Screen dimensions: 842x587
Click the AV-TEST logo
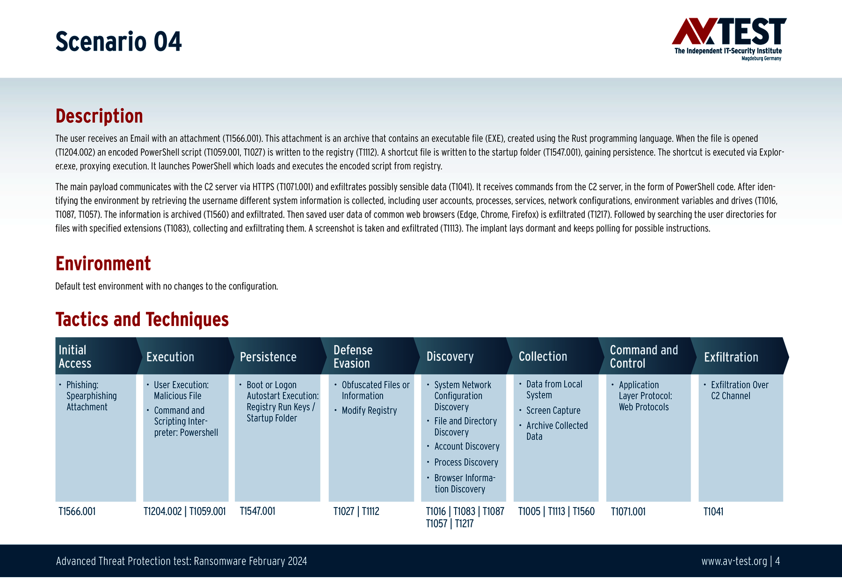pyautogui.click(x=729, y=39)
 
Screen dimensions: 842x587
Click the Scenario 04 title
pyautogui.click(x=118, y=41)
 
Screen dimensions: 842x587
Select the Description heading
pyautogui.click(x=99, y=116)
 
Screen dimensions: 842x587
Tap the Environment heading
pyautogui.click(x=103, y=263)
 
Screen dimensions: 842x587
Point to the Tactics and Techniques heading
pyautogui.click(x=142, y=319)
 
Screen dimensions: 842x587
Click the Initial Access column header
pyautogui.click(x=75, y=356)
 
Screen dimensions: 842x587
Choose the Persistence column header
pyautogui.click(x=268, y=357)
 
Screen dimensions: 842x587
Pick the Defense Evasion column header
pyautogui.click(x=353, y=356)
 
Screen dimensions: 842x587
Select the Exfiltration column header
pyautogui.click(x=731, y=357)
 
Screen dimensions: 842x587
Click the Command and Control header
pyautogui.click(x=644, y=356)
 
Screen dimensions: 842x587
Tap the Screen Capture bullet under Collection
pyautogui.click(x=553, y=410)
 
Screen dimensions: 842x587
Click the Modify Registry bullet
pyautogui.click(x=369, y=410)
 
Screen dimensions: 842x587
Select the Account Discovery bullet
pyautogui.click(x=467, y=446)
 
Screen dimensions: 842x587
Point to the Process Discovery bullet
pyautogui.click(x=466, y=462)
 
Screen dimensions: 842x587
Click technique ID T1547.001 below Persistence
pyautogui.click(x=257, y=511)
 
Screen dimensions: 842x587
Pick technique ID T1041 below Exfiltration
pyautogui.click(x=713, y=512)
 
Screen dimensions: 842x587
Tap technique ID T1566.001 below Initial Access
pyautogui.click(x=77, y=511)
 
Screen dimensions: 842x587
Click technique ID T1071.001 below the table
pyautogui.click(x=628, y=512)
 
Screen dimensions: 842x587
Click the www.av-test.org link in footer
pyautogui.click(x=734, y=561)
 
